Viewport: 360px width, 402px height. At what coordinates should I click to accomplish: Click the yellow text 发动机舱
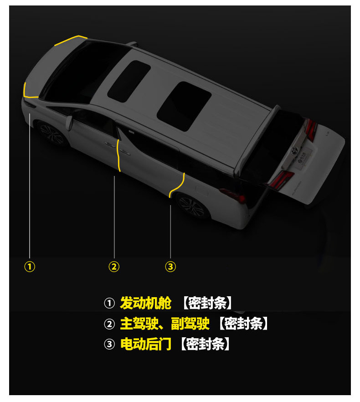[145, 303]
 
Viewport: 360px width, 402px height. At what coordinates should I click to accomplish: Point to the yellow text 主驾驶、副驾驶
[165, 324]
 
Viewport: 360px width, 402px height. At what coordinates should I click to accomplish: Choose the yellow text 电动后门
[145, 344]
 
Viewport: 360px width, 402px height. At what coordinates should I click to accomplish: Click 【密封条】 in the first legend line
[208, 303]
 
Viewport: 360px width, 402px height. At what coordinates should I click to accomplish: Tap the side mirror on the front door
[70, 122]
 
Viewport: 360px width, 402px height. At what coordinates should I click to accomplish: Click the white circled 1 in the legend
[109, 303]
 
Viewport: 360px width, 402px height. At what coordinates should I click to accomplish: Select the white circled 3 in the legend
[109, 345]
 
